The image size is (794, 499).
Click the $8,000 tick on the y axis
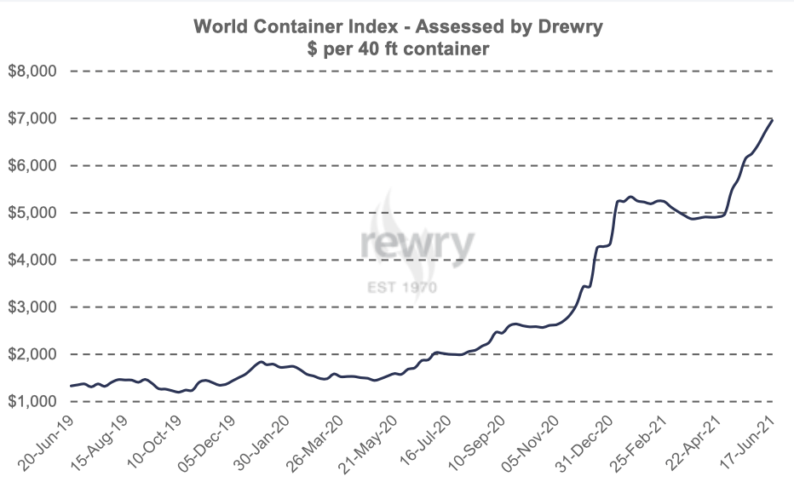[32, 72]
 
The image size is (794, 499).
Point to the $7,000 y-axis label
[32, 118]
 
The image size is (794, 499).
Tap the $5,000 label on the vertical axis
[32, 213]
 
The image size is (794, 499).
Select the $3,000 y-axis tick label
[32, 307]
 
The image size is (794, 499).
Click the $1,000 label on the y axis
[32, 401]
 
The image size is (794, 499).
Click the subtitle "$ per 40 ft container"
[398, 49]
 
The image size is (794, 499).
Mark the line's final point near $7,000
[773, 119]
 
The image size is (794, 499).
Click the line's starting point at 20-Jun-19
[70, 387]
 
